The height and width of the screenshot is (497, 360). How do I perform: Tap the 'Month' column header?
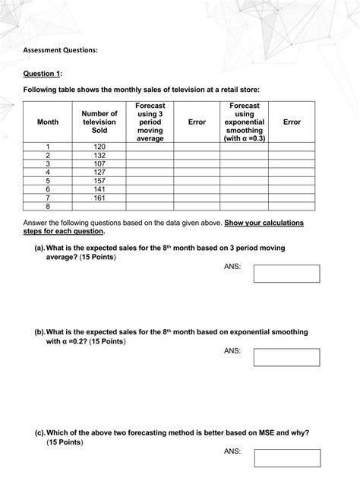(47, 122)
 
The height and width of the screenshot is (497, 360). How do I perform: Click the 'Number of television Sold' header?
(99, 122)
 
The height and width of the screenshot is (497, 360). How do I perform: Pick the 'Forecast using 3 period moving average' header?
(150, 122)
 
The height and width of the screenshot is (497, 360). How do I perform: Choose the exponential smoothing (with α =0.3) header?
(243, 122)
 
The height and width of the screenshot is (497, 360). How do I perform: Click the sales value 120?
(99, 146)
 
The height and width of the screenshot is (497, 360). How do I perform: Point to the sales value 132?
(99, 154)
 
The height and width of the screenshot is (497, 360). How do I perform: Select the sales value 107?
(99, 163)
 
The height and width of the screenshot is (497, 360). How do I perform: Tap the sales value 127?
(99, 172)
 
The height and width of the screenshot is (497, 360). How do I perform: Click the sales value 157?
(99, 180)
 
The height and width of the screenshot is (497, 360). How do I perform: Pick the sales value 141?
(99, 188)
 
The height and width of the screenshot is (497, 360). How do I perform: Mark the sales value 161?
(99, 197)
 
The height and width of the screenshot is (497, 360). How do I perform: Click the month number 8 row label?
(47, 206)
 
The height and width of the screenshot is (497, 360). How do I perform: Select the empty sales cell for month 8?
(99, 206)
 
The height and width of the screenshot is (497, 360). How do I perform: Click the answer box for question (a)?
(286, 274)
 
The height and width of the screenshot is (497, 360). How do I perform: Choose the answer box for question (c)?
(286, 457)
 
